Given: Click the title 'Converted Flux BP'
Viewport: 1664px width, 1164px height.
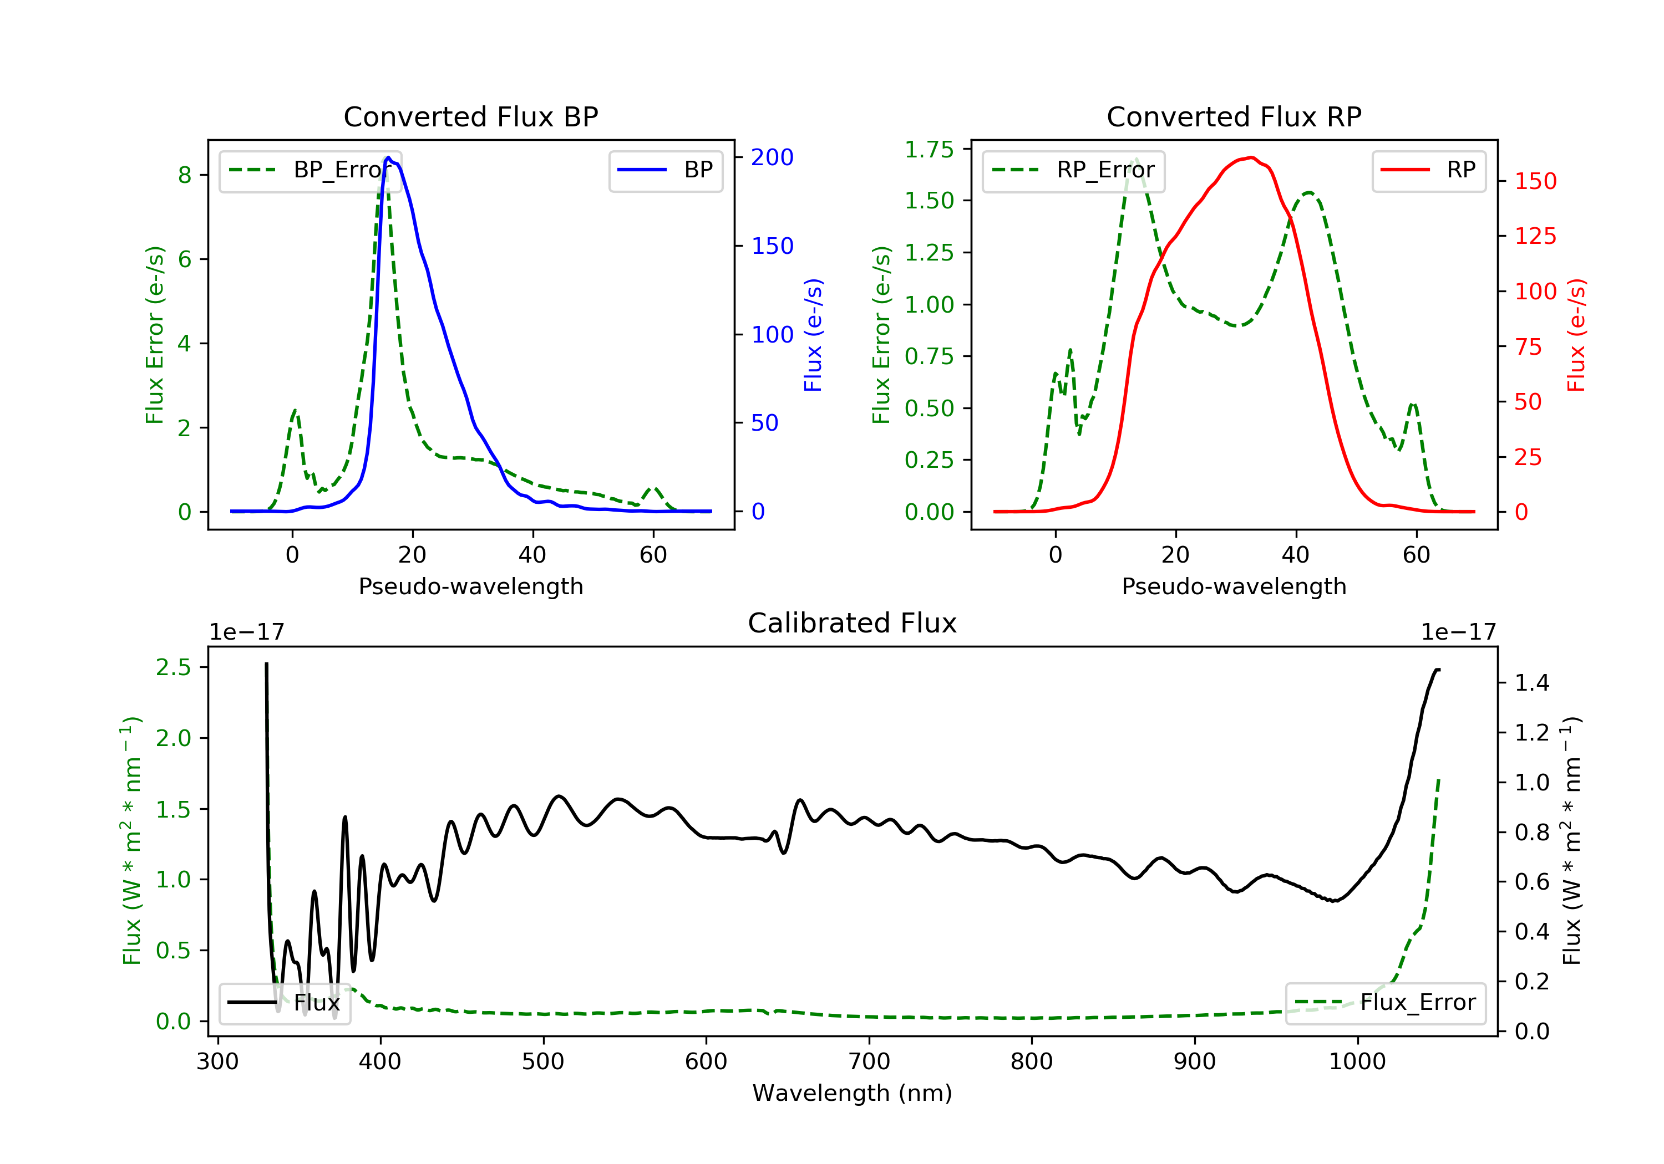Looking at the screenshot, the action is click(470, 116).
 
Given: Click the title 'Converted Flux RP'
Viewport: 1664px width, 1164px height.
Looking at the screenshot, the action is click(1234, 116).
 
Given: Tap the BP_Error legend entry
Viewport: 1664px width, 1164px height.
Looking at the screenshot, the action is click(310, 170).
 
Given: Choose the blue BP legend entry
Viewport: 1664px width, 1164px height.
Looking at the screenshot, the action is click(665, 170).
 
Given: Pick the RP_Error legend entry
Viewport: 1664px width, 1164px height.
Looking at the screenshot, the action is click(1073, 170).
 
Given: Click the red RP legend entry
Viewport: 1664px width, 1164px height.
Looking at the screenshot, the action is click(1428, 170).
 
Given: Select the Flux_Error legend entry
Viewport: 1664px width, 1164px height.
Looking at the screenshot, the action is click(1385, 1003).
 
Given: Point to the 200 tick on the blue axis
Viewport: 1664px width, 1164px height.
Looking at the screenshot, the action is click(772, 157).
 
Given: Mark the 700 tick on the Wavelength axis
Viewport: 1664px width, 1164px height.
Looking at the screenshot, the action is click(869, 1062).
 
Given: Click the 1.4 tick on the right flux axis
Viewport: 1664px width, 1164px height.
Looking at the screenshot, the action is click(1531, 682).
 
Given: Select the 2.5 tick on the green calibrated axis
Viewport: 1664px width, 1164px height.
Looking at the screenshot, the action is click(173, 667).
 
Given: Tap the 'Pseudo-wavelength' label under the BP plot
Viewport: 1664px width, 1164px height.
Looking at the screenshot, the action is click(470, 586).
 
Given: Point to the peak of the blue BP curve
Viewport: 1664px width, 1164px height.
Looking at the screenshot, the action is click(388, 157).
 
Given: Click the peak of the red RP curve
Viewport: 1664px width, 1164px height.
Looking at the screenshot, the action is click(1252, 157).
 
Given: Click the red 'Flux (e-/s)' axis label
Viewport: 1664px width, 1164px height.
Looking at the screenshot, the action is click(1576, 335).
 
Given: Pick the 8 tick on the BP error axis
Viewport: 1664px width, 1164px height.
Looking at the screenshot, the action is click(185, 175).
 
